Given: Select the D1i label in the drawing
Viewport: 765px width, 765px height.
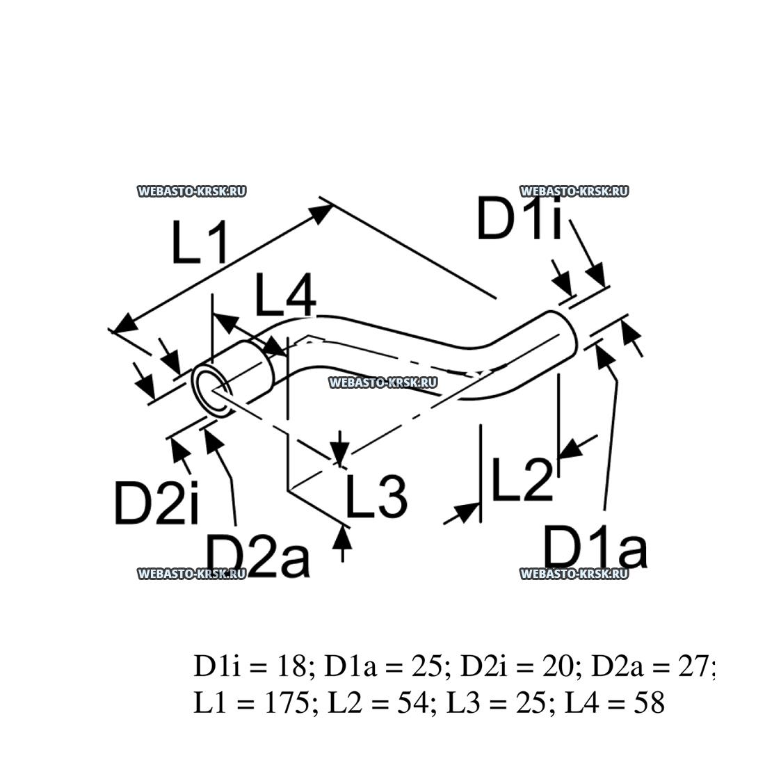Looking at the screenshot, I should (518, 218).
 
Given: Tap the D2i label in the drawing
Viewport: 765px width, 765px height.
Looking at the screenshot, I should (156, 503).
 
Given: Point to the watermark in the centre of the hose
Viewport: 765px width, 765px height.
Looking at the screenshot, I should (382, 382).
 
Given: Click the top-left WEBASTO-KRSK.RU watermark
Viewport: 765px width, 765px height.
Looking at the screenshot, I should (192, 191).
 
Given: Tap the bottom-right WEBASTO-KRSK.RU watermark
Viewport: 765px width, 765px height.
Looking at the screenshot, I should (574, 574).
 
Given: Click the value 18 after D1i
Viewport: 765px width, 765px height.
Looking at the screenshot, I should (291, 666).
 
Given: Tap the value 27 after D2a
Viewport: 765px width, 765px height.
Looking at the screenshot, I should (696, 666).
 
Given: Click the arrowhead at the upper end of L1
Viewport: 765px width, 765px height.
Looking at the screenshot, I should (321, 209).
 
